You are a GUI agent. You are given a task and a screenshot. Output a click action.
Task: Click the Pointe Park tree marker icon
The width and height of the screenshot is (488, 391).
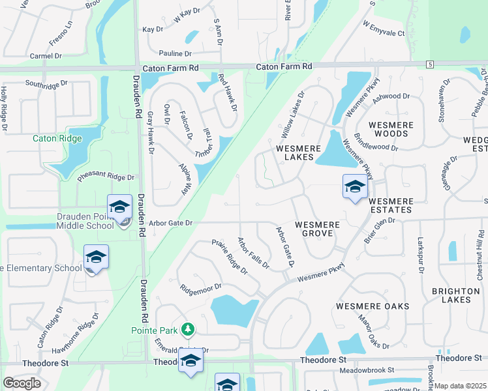(x=188, y=330)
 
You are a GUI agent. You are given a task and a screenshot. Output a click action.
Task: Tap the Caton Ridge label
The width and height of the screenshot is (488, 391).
(x=57, y=138)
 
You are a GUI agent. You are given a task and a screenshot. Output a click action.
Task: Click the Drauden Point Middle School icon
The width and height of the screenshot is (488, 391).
(x=120, y=208)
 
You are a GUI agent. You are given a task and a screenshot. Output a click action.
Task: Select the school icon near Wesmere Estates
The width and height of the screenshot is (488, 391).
(x=355, y=187)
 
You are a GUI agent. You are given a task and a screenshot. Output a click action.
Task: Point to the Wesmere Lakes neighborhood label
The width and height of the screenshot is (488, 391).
(x=298, y=153)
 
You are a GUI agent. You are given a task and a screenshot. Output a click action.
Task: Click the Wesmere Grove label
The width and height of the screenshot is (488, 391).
(x=317, y=229)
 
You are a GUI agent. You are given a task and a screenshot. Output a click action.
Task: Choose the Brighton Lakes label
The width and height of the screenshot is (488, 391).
(x=451, y=295)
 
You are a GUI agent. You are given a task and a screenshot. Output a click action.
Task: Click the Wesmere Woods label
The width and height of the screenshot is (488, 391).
(x=389, y=129)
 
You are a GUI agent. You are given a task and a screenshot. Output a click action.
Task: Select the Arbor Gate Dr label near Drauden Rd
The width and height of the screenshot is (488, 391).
(x=171, y=223)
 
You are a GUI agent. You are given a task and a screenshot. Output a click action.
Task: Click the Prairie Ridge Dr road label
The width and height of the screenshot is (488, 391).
(x=230, y=256)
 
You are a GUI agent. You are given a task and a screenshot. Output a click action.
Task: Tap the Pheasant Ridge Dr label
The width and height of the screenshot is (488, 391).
(x=106, y=177)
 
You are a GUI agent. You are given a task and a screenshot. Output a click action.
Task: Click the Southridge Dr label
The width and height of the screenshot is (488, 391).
(x=46, y=83)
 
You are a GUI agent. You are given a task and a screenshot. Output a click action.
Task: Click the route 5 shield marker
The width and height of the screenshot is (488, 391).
(x=429, y=64)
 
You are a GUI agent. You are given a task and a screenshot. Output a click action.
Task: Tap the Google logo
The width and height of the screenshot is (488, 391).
(x=22, y=383)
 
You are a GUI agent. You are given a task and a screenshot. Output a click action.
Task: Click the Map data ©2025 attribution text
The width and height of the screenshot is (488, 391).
(x=461, y=386)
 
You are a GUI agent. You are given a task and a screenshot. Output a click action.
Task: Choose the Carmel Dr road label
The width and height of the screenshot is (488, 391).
(x=36, y=56)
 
